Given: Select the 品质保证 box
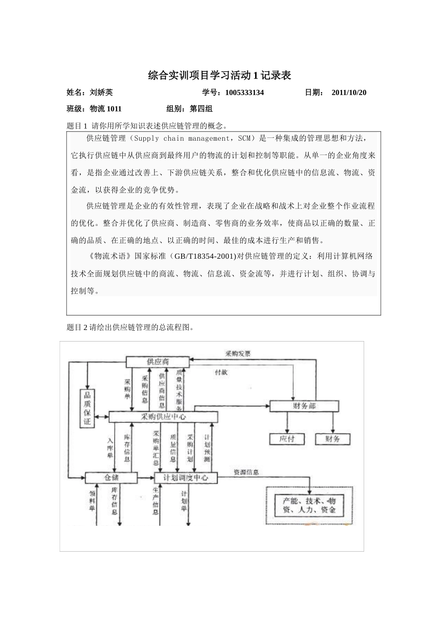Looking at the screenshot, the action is pyautogui.click(x=87, y=408).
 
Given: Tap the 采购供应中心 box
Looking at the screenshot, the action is pyautogui.click(x=163, y=417).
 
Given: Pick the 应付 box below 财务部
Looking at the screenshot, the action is pyautogui.click(x=287, y=438).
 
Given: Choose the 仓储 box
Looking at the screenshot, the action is pyautogui.click(x=111, y=477).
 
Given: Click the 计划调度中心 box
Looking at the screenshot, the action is pyautogui.click(x=186, y=477).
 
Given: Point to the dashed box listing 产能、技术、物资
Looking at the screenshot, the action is pyautogui.click(x=309, y=505).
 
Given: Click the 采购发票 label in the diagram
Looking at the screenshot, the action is pyautogui.click(x=238, y=354).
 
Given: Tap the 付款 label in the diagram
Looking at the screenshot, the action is pyautogui.click(x=221, y=372).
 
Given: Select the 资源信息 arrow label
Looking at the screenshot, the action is pyautogui.click(x=246, y=473).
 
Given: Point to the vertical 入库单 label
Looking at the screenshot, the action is pyautogui.click(x=110, y=448).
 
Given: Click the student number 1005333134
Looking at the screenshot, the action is pyautogui.click(x=244, y=93).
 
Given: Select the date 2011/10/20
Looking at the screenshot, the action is pyautogui.click(x=349, y=93).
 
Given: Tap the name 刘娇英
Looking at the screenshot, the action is pyautogui.click(x=101, y=93).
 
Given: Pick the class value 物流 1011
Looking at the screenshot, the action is pyautogui.click(x=105, y=109).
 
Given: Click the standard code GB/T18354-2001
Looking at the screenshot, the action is pyautogui.click(x=204, y=256).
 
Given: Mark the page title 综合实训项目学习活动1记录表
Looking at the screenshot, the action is pyautogui.click(x=219, y=75).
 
